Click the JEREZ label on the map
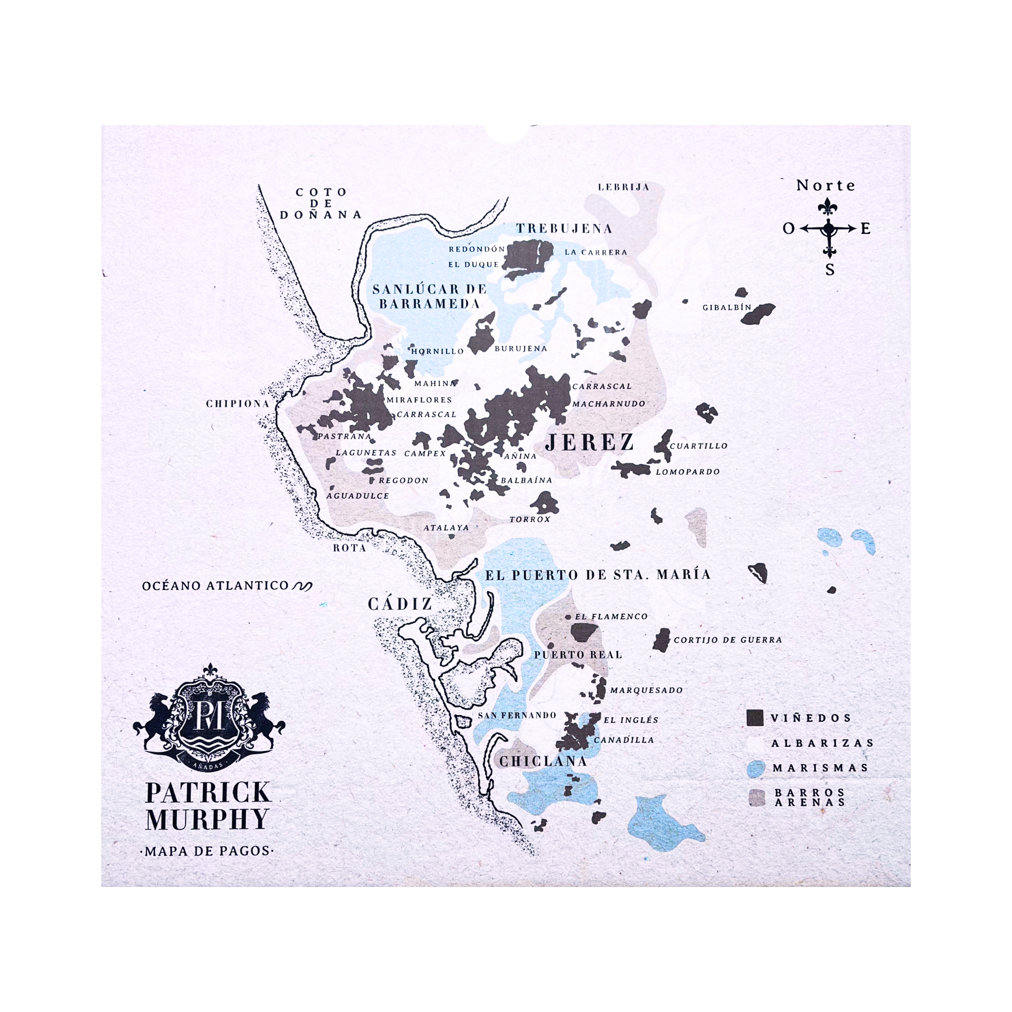pyautogui.click(x=589, y=443)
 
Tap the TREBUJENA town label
pyautogui.click(x=564, y=228)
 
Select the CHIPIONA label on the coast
pyautogui.click(x=238, y=403)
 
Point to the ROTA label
pyautogui.click(x=349, y=548)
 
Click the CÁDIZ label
pyautogui.click(x=400, y=604)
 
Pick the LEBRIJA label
pyautogui.click(x=623, y=187)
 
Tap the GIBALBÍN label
pyautogui.click(x=727, y=307)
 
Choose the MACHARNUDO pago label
pyautogui.click(x=609, y=404)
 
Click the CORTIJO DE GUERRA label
pyautogui.click(x=728, y=640)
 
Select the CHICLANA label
pyautogui.click(x=542, y=761)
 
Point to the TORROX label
pyautogui.click(x=530, y=519)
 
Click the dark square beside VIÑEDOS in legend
pyautogui.click(x=755, y=718)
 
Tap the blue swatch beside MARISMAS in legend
pyautogui.click(x=755, y=768)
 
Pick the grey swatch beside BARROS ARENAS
pyautogui.click(x=756, y=797)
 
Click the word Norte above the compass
pyautogui.click(x=825, y=185)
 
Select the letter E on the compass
pyautogui.click(x=865, y=228)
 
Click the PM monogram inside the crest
pyautogui.click(x=209, y=715)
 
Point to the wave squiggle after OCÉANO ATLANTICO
pyautogui.click(x=302, y=586)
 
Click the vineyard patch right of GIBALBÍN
pyautogui.click(x=758, y=313)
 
